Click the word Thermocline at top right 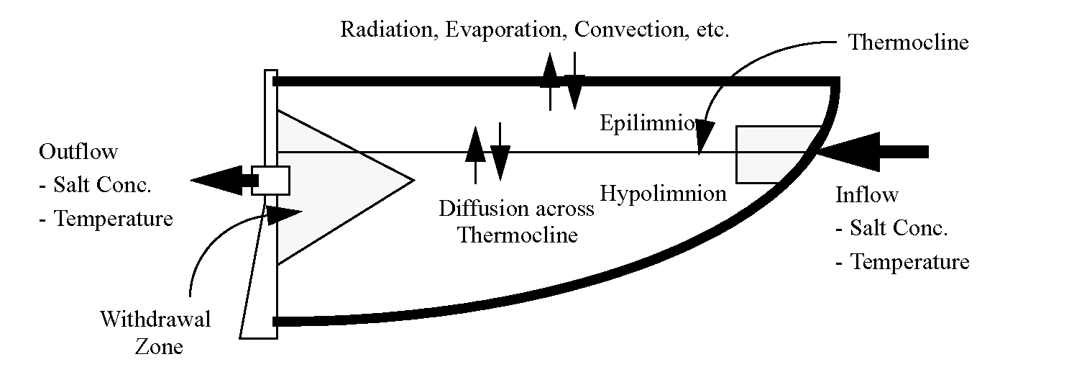908,42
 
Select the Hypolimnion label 663,193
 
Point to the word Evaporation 493,30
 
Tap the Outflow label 78,153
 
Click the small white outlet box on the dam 270,180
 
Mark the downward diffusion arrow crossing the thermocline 500,155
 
